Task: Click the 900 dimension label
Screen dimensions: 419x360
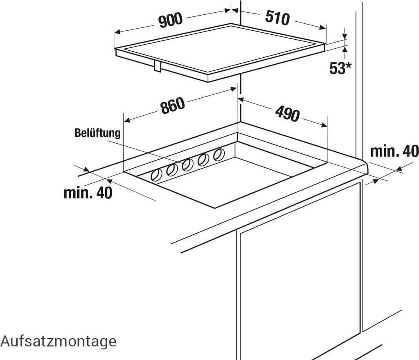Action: (x=170, y=20)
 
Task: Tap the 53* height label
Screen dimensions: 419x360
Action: (x=340, y=68)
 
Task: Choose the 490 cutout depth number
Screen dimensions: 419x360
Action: (x=287, y=113)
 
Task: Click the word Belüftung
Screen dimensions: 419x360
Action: (x=97, y=133)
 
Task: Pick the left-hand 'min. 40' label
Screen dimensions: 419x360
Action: (x=88, y=193)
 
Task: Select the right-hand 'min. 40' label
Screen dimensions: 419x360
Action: (x=394, y=151)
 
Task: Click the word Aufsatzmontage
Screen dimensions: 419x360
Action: (x=59, y=341)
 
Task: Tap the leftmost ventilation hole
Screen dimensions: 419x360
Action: (x=156, y=175)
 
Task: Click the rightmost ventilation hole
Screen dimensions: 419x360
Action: (x=219, y=154)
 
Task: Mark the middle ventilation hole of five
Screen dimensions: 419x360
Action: (x=187, y=165)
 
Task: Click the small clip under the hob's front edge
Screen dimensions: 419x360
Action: (x=158, y=66)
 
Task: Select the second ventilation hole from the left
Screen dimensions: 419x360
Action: (x=172, y=170)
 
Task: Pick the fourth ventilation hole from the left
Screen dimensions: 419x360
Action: (x=203, y=160)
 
